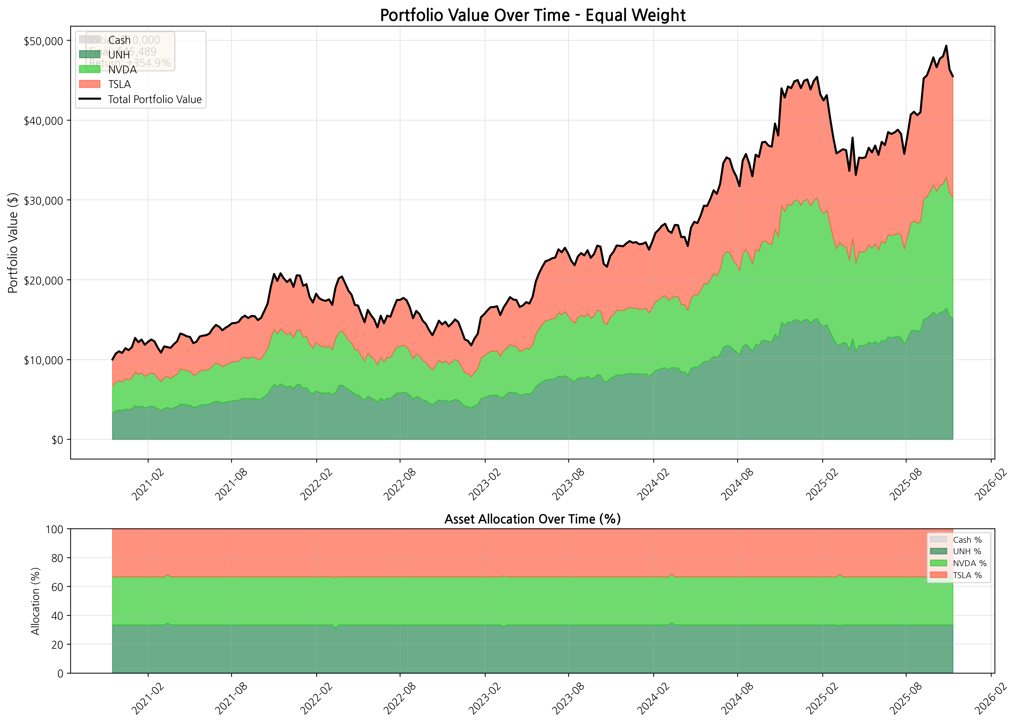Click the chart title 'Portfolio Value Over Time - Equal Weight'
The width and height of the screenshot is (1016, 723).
coord(532,16)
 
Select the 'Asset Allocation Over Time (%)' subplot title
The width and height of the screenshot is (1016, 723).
coord(532,519)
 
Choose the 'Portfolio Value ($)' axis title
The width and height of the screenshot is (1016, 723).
coord(13,243)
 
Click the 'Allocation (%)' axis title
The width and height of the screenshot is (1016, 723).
coord(36,601)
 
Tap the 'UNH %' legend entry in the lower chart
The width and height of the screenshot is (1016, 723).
coord(967,551)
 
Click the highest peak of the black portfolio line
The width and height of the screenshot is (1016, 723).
coord(946,45)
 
